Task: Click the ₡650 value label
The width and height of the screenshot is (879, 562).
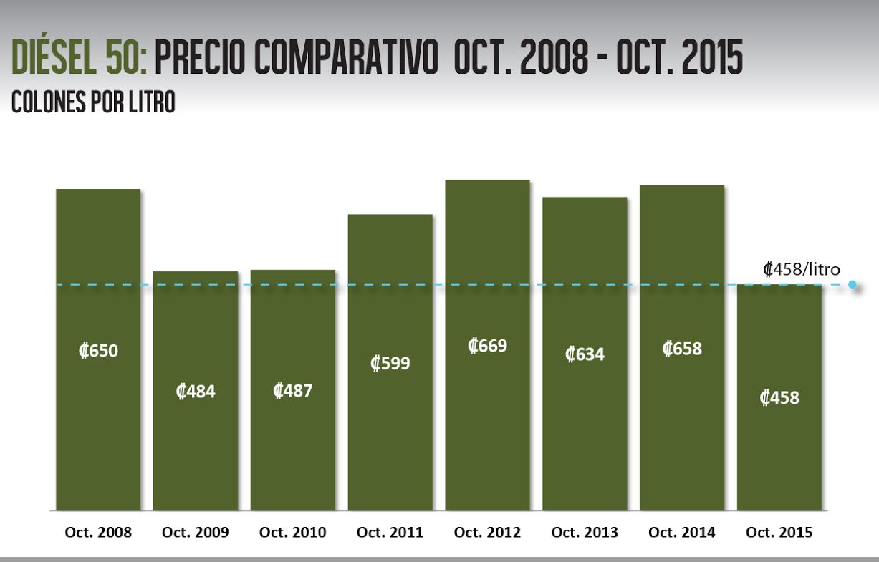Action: click(98, 352)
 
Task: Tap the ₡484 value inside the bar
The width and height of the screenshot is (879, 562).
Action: click(196, 392)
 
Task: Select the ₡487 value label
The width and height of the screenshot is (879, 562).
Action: click(293, 391)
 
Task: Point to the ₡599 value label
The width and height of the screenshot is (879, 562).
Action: click(390, 363)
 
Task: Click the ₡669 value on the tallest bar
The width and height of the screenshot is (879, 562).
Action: click(487, 346)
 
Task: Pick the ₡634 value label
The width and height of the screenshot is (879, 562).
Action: click(585, 354)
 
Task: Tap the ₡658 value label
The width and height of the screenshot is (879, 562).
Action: click(682, 349)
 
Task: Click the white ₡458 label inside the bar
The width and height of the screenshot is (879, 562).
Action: click(779, 397)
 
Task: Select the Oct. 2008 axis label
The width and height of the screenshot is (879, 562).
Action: click(98, 533)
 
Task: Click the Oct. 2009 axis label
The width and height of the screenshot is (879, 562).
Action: click(196, 533)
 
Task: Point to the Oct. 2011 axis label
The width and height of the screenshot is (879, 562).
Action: click(390, 533)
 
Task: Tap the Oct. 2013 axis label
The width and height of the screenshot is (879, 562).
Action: click(585, 533)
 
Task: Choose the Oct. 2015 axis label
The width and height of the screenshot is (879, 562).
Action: click(779, 533)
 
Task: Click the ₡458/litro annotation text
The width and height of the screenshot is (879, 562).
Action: click(801, 270)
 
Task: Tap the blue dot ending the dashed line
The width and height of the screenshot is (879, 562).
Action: click(852, 284)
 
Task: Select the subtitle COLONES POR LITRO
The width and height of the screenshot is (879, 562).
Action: click(93, 102)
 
